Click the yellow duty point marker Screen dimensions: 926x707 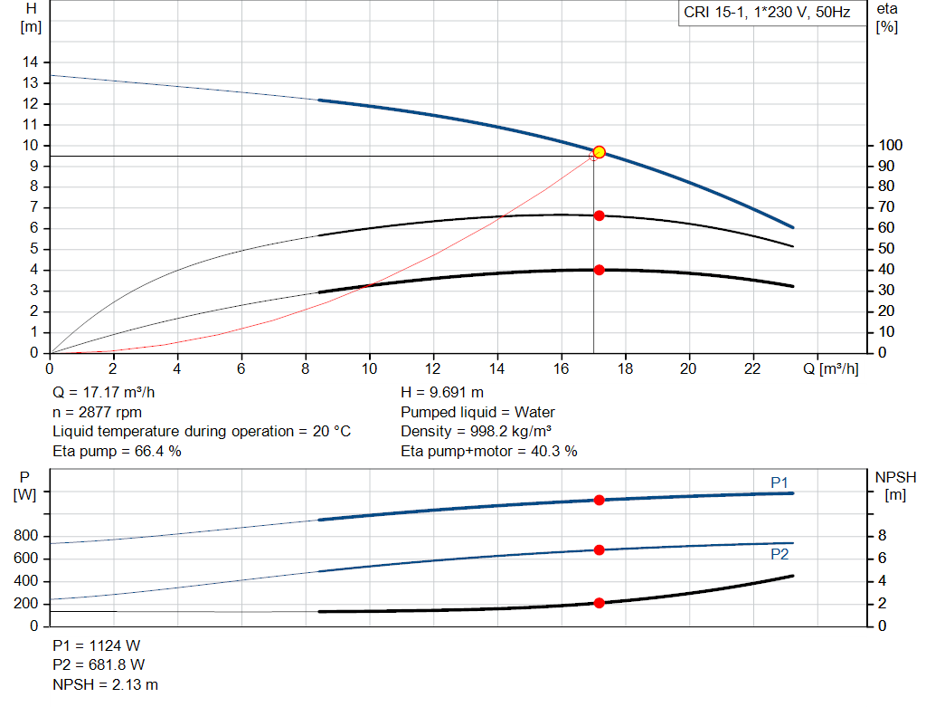[x=599, y=152]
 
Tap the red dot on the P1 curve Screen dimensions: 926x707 [x=599, y=500]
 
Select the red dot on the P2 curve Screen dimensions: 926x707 [x=599, y=549]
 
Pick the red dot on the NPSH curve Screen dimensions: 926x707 [x=599, y=603]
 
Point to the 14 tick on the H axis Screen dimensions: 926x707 [x=31, y=62]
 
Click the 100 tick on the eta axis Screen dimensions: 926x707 [x=891, y=145]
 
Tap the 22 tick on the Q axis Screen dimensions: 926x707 [x=752, y=368]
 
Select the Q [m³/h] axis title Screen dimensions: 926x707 [x=831, y=368]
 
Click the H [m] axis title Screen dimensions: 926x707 [x=32, y=18]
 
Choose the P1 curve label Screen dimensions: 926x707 [x=780, y=482]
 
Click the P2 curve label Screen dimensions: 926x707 [x=780, y=554]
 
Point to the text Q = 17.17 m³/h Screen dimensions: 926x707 [x=104, y=392]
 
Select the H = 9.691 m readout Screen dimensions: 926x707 [x=442, y=392]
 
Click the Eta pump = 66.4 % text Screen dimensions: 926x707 [x=117, y=451]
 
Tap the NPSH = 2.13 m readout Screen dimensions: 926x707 [x=105, y=684]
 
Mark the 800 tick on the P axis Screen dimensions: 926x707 [x=25, y=536]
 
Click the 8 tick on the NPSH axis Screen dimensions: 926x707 [x=883, y=536]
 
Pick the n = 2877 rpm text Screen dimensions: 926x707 [x=98, y=412]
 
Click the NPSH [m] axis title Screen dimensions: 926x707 [x=896, y=486]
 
